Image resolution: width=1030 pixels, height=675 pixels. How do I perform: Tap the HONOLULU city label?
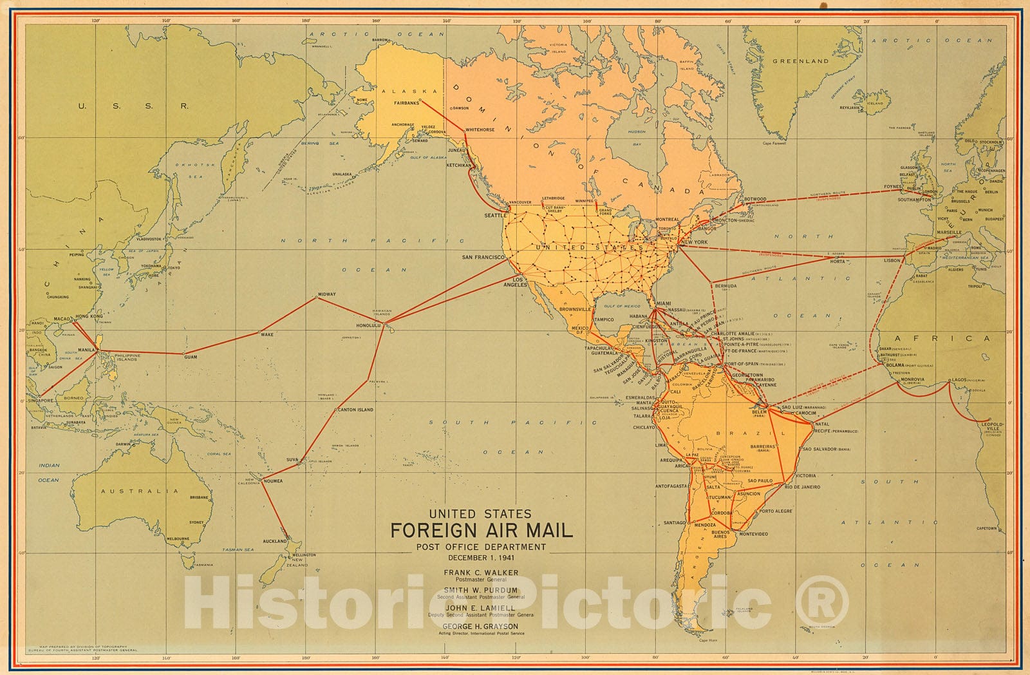coord(370,326)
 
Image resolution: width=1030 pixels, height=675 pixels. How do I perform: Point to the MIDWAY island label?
coord(326,294)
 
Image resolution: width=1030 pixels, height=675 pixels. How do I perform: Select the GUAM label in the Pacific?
coord(191,356)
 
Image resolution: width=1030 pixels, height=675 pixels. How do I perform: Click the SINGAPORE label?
coord(41,400)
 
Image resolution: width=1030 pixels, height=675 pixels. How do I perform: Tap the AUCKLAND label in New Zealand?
coord(275,541)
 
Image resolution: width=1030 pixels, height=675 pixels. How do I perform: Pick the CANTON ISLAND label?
coord(355,410)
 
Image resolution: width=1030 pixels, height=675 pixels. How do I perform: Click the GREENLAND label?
coord(800,61)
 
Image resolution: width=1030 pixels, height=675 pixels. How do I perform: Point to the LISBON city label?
coord(892,261)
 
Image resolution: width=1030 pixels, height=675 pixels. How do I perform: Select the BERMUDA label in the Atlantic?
coord(725,285)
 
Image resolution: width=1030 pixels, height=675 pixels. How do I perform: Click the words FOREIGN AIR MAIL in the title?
coord(482,531)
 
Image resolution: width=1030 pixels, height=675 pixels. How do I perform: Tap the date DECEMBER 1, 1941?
coord(481,558)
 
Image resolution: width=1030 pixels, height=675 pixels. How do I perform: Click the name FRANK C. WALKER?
coord(481,572)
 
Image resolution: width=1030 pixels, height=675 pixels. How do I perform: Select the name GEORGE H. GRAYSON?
coord(481,626)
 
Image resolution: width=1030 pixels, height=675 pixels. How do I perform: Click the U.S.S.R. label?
coord(133,106)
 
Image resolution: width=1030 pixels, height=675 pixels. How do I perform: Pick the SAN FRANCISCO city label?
coord(483,257)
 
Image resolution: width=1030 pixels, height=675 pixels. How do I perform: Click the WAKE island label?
coord(267,335)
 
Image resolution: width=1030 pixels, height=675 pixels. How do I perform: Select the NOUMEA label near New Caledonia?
coord(272,481)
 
